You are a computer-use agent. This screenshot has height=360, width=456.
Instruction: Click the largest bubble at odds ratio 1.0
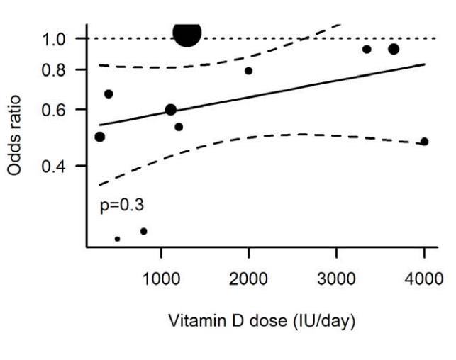[x=187, y=33]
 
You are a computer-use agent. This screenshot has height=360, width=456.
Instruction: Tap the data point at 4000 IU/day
[x=425, y=142]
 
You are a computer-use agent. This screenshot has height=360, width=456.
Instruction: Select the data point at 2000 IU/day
[x=248, y=71]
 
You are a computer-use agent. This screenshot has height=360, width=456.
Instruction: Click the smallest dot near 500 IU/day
[x=117, y=239]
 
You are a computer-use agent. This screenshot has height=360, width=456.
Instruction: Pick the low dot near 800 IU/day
[x=144, y=231]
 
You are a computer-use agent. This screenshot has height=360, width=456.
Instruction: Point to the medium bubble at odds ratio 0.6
[x=171, y=110]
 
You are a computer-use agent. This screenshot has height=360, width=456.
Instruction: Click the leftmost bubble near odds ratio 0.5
[x=100, y=137]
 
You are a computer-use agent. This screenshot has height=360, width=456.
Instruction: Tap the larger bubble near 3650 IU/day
[x=394, y=49]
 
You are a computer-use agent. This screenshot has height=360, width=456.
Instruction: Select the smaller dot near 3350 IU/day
[x=367, y=50]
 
